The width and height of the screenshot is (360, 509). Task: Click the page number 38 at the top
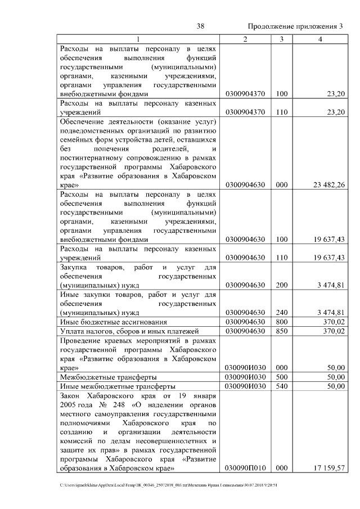pos(200,26)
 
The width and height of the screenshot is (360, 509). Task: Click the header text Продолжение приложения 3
pos(295,26)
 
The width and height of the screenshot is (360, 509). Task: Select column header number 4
pos(319,39)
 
